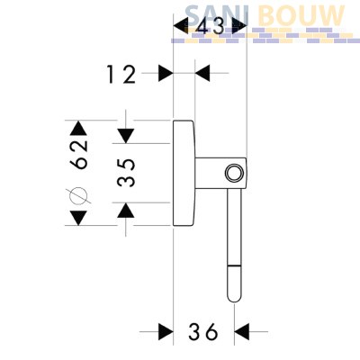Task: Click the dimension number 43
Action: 211,26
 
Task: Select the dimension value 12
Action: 121,75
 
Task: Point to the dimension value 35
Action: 126,173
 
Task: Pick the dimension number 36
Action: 202,331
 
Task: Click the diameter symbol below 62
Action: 78,195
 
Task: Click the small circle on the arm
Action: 233,173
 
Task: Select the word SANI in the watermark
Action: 217,15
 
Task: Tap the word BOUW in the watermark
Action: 301,15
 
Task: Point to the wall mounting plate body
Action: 184,173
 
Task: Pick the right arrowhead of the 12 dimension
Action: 202,73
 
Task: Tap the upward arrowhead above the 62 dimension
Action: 78,128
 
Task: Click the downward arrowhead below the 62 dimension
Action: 78,218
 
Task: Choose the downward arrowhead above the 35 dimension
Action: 126,136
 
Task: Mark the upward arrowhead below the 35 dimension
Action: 126,210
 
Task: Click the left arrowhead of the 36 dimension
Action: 166,332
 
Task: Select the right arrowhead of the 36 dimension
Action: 242,332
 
